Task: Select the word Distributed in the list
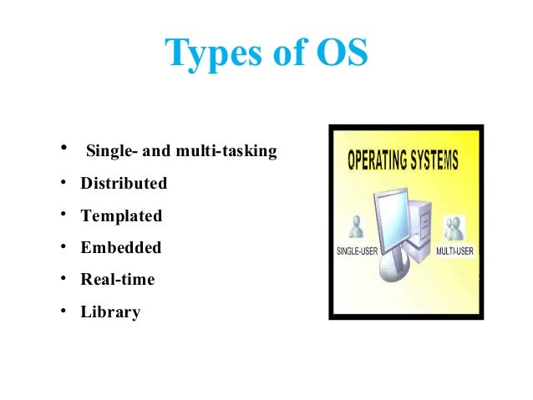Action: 124,183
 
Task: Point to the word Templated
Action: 121,215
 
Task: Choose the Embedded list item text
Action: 121,248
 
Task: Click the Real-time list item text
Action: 118,280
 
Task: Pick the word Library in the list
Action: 110,313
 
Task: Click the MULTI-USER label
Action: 454,251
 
